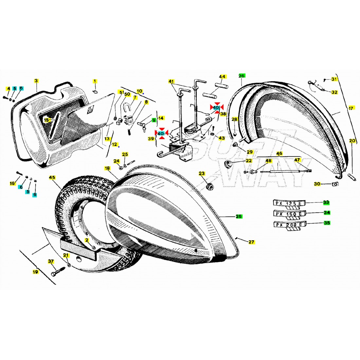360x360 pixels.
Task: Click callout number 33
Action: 326,203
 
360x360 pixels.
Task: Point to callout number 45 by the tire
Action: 52,177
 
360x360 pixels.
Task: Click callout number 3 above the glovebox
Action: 36,81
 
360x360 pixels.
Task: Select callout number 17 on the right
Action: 351,108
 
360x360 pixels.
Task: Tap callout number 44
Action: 223,77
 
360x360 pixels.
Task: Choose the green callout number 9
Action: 153,120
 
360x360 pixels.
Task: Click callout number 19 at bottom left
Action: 35,272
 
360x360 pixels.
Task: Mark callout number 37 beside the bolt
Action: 51,261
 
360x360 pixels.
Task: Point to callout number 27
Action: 251,242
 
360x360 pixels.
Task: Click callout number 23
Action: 202,173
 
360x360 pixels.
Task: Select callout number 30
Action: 317,184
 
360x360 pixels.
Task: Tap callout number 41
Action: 171,81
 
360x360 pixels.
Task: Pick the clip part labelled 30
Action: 335,184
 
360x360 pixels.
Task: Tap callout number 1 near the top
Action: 95,81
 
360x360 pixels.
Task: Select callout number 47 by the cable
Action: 297,160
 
